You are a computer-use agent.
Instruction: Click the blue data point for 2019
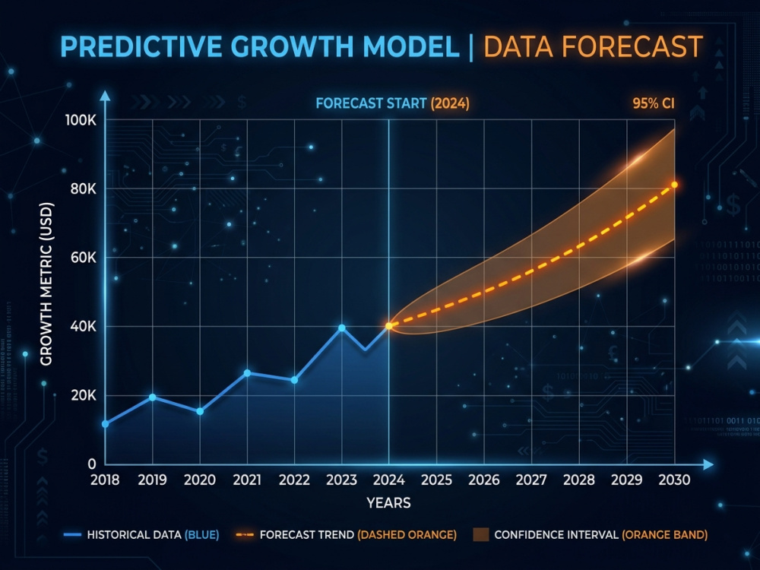152,397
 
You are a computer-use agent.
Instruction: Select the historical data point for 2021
247,372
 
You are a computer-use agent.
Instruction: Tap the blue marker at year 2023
342,328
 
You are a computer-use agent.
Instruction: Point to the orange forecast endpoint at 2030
674,185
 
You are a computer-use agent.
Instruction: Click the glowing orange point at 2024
388,326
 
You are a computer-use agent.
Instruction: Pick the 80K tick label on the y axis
84,189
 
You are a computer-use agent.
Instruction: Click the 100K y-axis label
81,120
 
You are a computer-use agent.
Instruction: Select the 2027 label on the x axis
531,480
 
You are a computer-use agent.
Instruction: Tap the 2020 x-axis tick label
200,480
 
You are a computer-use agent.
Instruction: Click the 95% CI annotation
654,103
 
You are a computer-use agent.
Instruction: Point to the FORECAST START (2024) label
393,103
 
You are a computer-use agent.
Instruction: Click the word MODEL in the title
411,46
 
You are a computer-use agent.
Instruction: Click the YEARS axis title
388,503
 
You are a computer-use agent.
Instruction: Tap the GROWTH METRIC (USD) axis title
46,283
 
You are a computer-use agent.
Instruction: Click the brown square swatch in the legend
481,534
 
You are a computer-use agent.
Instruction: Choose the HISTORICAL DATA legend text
134,534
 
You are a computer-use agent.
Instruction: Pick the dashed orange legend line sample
244,534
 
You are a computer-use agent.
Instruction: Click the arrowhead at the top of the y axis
105,95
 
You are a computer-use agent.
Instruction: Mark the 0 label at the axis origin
92,464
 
